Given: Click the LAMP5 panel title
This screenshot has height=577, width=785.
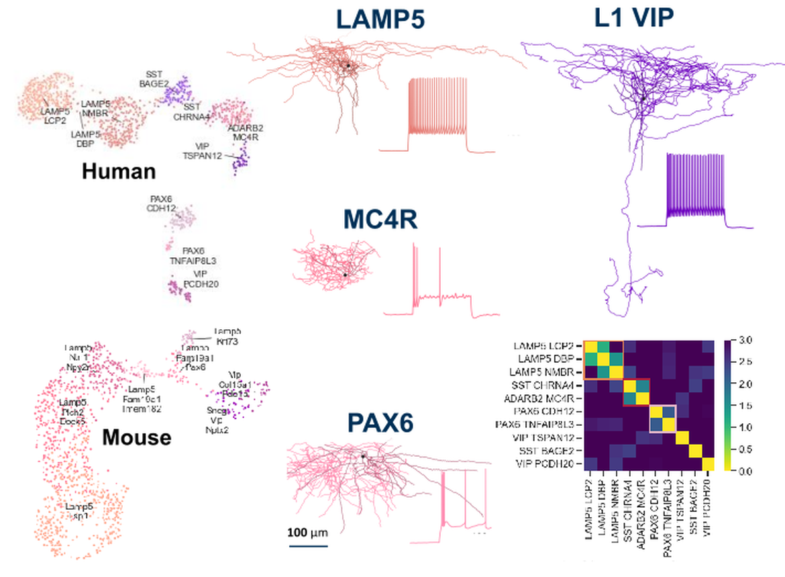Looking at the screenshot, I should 380,19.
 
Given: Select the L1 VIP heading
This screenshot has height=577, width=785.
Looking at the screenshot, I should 633,18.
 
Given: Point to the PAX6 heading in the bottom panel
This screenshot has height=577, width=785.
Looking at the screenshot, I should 380,423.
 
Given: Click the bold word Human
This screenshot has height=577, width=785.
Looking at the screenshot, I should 119,171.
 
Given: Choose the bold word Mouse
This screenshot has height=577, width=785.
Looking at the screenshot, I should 136,438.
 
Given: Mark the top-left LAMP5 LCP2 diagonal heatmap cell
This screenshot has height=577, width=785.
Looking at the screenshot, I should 591,347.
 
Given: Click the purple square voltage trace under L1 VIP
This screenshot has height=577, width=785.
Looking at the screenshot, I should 695,188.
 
